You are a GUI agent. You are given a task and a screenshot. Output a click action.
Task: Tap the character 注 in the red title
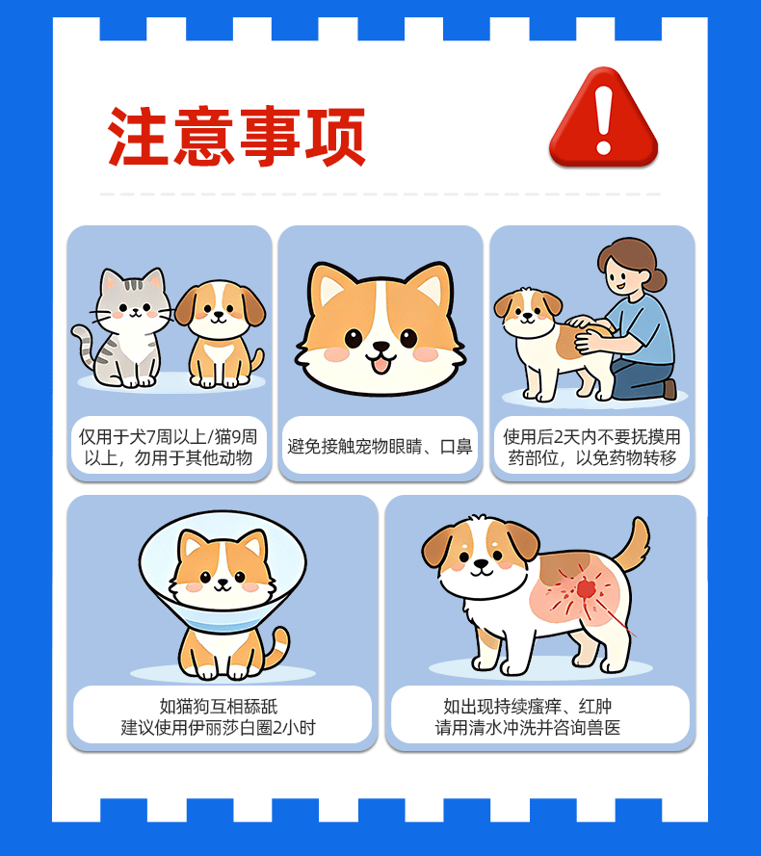pos(138,137)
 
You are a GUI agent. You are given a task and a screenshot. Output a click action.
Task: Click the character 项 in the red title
pos(335,137)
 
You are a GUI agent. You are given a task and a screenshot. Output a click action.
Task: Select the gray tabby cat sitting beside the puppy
pos(124,328)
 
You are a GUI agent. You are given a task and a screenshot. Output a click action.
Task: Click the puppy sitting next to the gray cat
pos(221,334)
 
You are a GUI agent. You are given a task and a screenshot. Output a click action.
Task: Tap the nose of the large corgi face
pos(380,347)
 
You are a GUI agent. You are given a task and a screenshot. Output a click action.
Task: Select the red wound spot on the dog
pos(586,589)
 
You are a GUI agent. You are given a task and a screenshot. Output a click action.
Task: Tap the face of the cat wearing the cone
pos(223,570)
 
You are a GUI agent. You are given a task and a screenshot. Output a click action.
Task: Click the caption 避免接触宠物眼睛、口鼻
pos(380,447)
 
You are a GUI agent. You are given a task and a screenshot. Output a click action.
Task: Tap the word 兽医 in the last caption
pos(603,728)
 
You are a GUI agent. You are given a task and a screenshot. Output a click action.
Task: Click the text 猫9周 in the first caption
pos(235,437)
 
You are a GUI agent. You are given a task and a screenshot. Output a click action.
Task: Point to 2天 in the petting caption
pos(567,437)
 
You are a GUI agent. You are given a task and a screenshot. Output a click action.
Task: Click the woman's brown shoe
pos(669,389)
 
